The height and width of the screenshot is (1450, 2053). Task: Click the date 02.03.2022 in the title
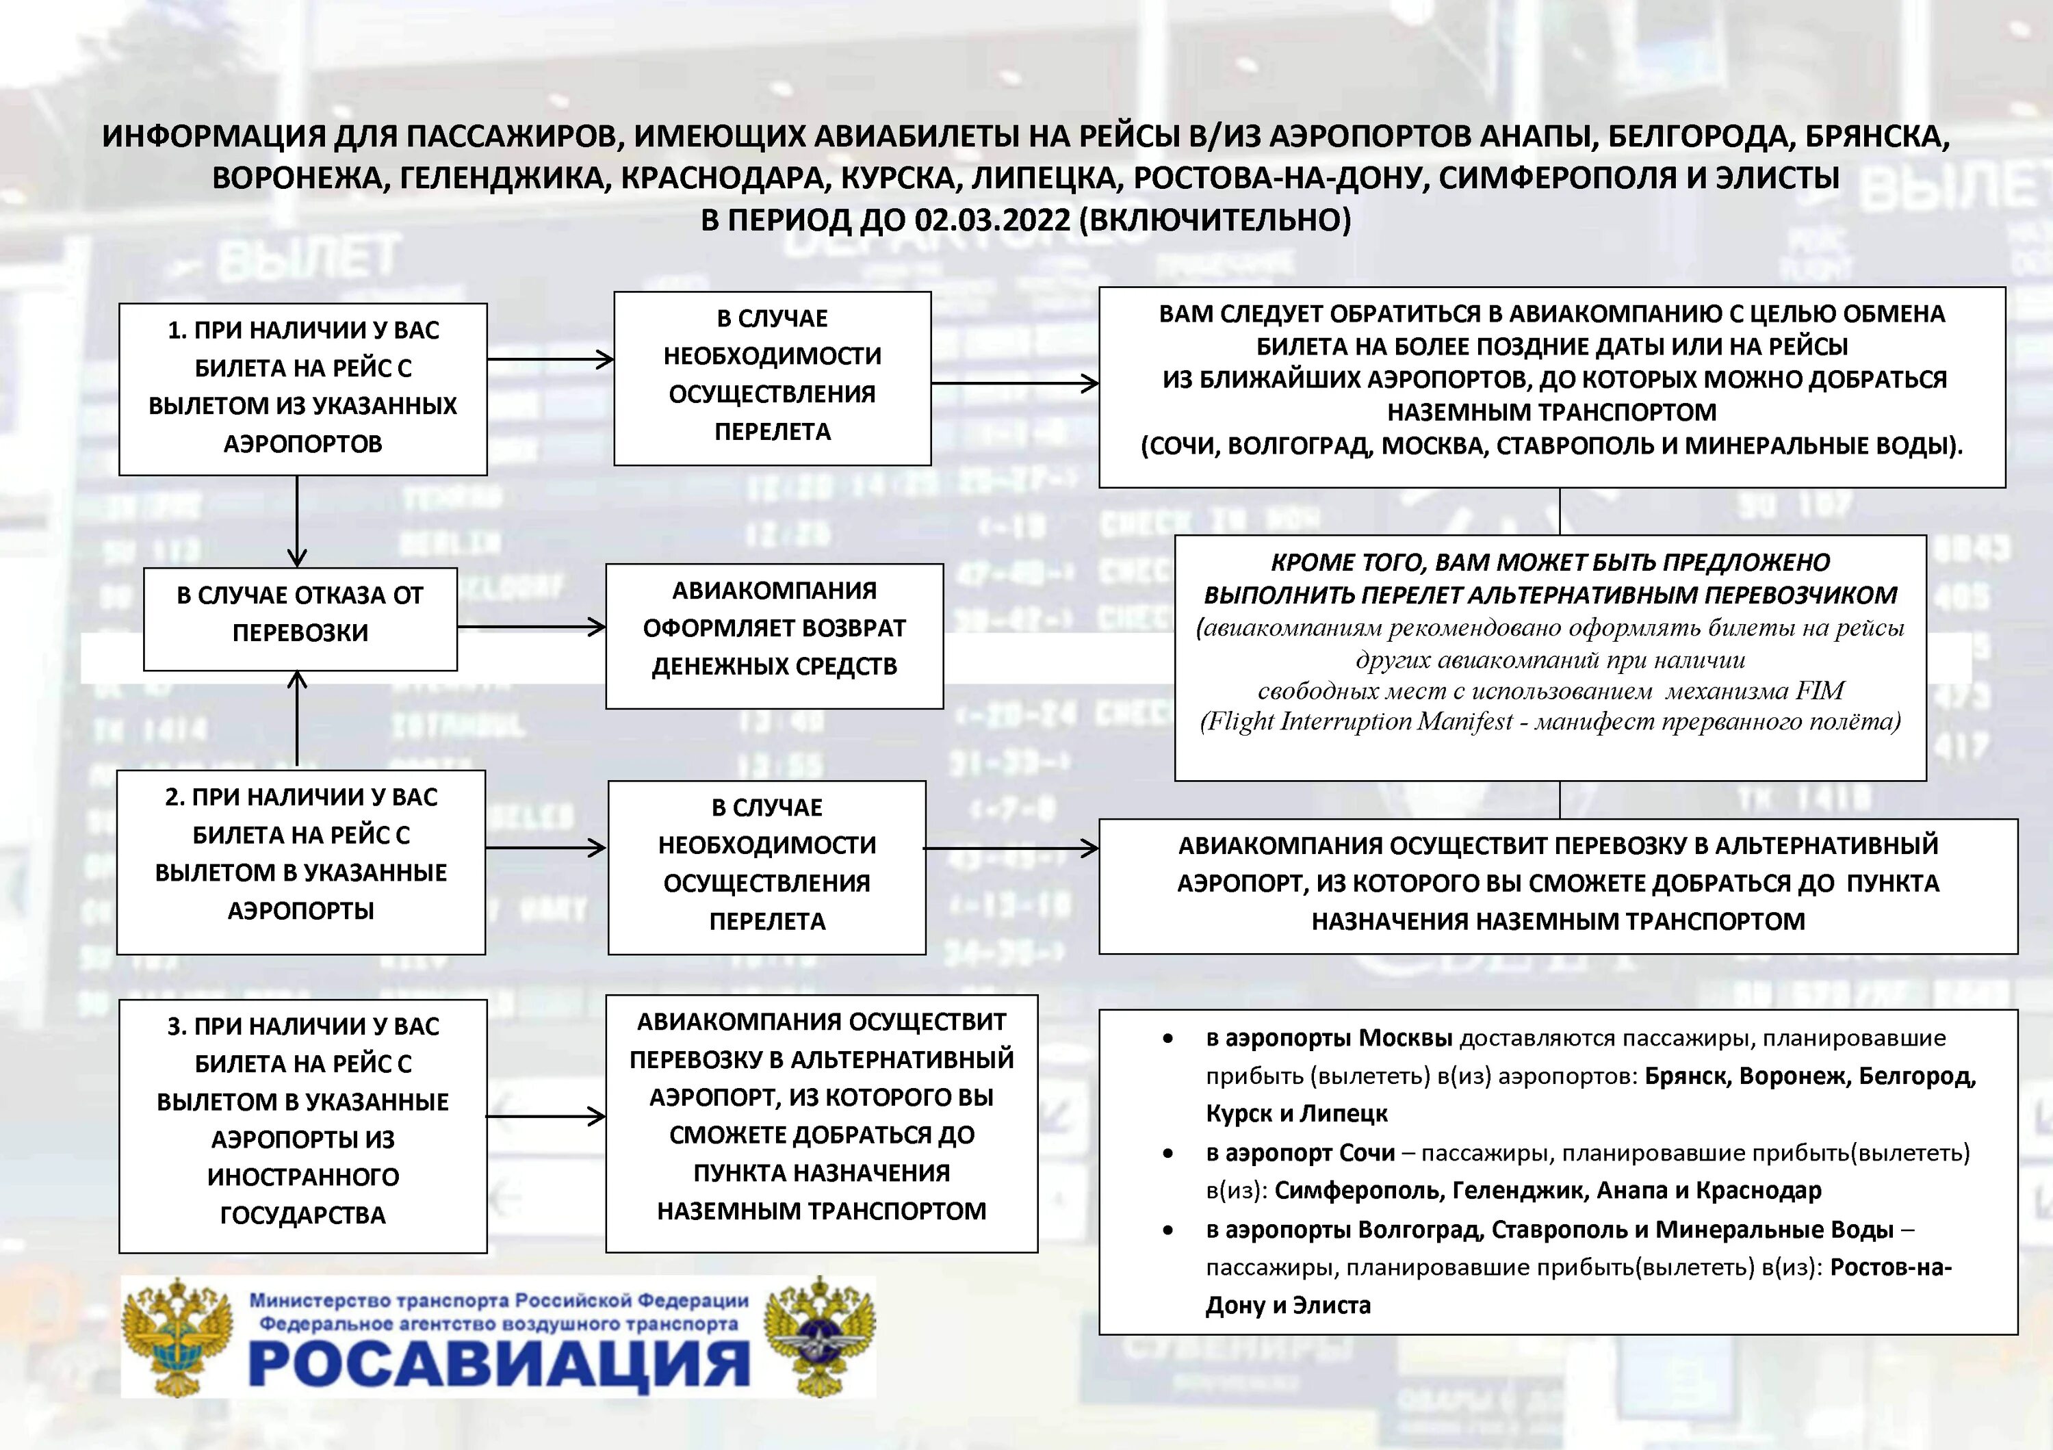click(992, 220)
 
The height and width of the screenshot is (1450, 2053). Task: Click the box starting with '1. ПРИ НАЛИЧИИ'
click(302, 388)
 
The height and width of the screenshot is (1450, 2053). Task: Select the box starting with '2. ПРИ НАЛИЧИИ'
click(300, 862)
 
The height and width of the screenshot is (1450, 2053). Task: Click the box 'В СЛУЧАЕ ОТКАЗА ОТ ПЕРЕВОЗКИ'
click(300, 618)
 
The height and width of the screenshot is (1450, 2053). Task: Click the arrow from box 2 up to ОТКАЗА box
click(298, 720)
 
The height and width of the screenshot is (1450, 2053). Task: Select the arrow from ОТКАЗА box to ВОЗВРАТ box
click(531, 627)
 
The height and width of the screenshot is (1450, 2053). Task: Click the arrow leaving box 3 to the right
click(545, 1115)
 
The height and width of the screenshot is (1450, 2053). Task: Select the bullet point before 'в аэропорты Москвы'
click(1167, 1039)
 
